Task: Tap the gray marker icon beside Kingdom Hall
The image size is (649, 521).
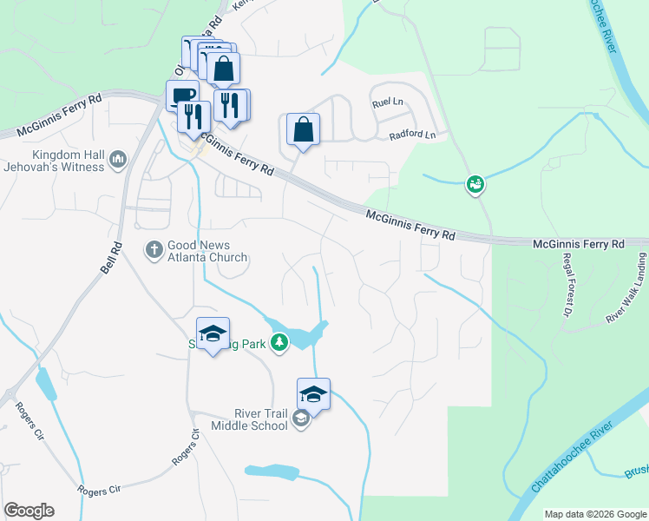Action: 118,159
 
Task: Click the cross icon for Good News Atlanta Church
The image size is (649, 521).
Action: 154,250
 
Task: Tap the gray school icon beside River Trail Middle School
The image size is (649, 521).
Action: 300,420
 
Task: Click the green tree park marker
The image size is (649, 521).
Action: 279,343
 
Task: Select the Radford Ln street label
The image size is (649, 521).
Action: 411,135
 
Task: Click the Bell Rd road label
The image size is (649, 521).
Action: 108,257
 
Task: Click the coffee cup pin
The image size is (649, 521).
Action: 182,96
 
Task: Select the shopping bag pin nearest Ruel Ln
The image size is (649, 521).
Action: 303,129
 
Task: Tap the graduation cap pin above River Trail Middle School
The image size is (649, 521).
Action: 313,393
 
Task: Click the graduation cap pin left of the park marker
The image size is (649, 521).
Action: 213,333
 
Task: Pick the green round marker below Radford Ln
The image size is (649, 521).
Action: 474,183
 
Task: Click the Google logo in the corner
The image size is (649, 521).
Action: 29,511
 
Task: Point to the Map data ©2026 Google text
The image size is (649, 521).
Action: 595,514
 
